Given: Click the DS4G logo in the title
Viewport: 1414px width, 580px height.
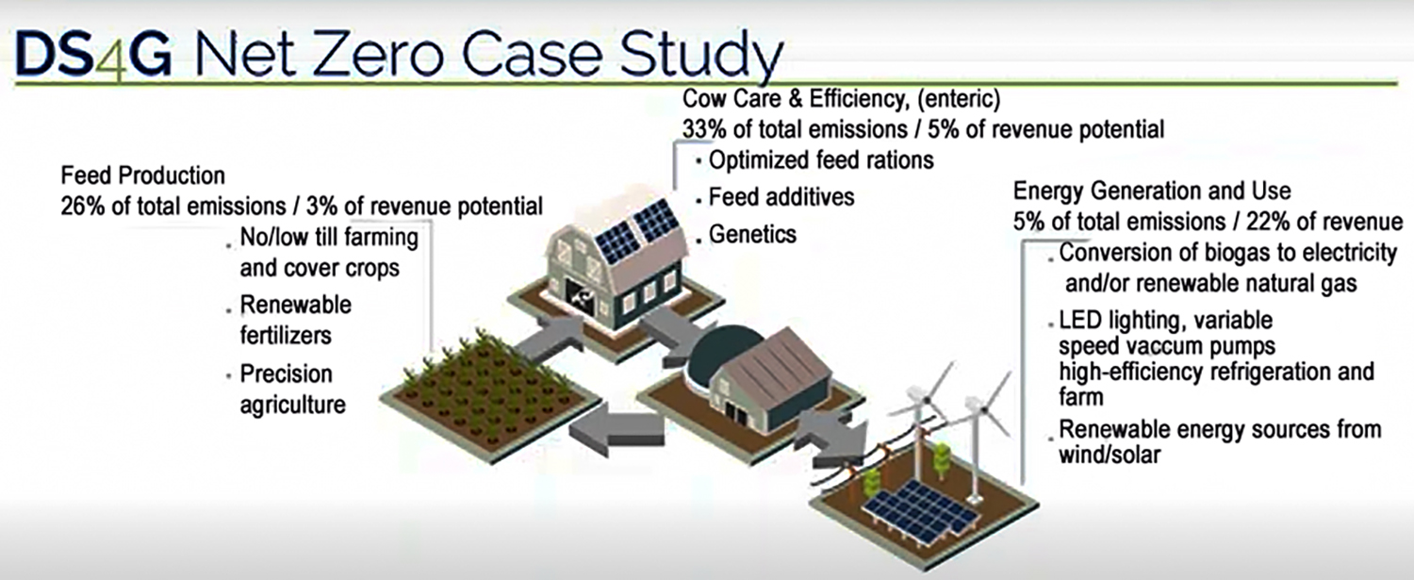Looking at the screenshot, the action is [94, 55].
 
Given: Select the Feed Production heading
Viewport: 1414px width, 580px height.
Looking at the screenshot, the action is [142, 175].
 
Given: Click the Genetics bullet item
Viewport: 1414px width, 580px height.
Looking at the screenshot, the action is [752, 235].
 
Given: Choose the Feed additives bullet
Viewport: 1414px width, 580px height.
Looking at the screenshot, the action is [781, 197].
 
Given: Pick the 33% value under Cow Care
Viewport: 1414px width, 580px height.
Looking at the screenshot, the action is [705, 129].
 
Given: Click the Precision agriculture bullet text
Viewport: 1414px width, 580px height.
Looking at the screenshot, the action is [293, 389].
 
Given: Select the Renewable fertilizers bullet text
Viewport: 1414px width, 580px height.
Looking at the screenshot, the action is [295, 320].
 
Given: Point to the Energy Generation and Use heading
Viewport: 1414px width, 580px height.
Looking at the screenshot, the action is [1152, 191].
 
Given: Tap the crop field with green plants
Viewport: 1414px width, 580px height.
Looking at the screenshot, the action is [490, 395].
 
